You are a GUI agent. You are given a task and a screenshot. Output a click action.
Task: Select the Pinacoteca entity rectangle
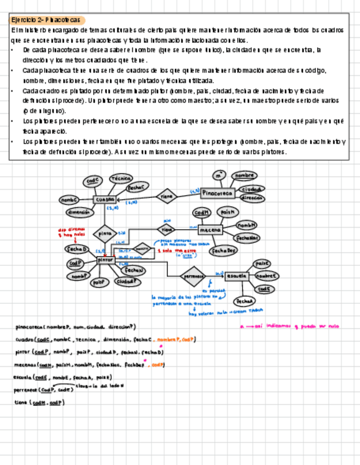tap(217, 193)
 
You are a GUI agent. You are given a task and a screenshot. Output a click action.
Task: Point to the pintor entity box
tap(105, 260)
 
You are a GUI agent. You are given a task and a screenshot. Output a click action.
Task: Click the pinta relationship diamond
tap(105, 233)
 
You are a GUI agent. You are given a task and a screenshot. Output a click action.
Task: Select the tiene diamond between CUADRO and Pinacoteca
tap(167, 196)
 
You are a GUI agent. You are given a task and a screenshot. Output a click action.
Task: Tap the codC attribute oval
tap(92, 181)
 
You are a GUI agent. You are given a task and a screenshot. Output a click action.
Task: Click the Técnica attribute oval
tap(120, 179)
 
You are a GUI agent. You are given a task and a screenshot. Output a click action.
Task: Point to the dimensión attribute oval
tap(79, 212)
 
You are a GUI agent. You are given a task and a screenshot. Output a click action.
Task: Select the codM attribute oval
tap(201, 213)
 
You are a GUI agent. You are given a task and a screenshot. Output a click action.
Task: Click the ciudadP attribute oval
tap(127, 282)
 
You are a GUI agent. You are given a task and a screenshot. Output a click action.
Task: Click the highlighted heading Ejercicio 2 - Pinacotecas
tap(46, 20)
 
